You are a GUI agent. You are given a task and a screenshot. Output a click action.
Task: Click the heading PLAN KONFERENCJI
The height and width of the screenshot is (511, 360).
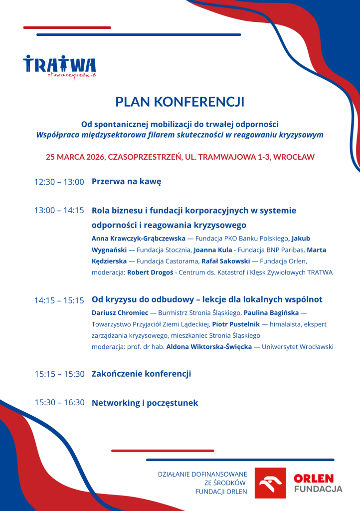pos(180,102)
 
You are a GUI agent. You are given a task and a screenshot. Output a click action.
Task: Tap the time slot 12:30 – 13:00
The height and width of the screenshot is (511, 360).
pos(59,182)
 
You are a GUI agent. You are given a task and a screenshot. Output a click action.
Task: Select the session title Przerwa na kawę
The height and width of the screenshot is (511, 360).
pos(126,182)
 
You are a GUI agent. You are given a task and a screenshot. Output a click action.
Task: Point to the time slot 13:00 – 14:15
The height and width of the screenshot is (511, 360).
pos(59,211)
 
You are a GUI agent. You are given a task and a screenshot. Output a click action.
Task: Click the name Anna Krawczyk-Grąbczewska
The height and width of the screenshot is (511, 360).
pos(138,239)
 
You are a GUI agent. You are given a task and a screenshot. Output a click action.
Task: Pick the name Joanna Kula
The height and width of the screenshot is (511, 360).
pos(212,250)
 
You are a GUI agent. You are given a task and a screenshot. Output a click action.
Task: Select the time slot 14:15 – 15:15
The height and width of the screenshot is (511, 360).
pos(59,300)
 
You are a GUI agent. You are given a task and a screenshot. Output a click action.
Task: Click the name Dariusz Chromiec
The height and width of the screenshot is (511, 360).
pos(120,313)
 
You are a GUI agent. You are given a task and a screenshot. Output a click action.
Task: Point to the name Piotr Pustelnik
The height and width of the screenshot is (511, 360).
pos(232,324)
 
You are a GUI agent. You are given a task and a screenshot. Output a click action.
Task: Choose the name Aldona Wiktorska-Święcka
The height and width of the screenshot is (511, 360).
pos(209,347)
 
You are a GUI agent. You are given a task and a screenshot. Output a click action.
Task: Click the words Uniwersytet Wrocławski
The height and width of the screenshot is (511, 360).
pos(298,347)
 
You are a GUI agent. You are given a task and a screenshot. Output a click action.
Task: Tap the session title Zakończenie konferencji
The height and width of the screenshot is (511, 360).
pos(141,374)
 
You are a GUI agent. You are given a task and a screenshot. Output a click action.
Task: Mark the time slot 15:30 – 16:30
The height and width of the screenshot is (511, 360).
pos(59,402)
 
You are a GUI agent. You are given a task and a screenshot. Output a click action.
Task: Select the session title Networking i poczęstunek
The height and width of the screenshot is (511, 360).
pos(145,403)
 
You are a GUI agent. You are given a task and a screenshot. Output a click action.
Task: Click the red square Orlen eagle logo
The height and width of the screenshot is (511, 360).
pos(270,483)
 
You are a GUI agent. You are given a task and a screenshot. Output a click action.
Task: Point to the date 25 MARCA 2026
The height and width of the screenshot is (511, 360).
pos(75,157)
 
